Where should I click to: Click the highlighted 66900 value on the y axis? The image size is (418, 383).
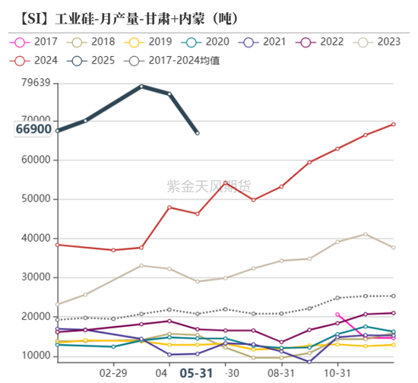33,130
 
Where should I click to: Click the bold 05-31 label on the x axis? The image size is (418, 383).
197,373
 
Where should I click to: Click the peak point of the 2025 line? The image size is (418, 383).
141,86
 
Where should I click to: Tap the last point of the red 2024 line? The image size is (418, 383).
393,124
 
